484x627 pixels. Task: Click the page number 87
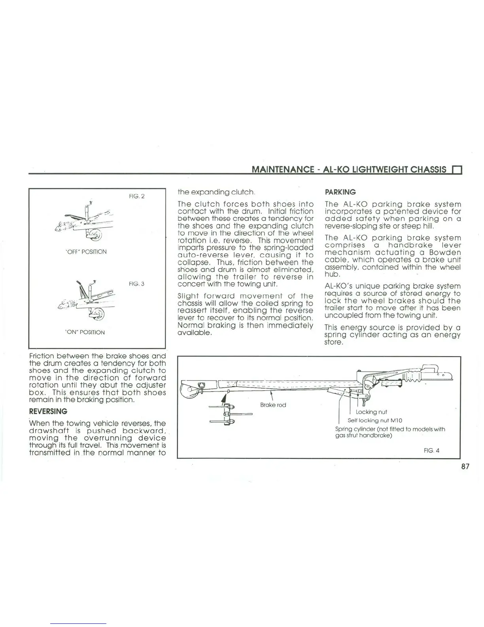pyautogui.click(x=465, y=466)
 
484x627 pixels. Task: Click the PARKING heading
pyautogui.click(x=340, y=192)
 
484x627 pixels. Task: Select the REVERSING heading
pyautogui.click(x=48, y=411)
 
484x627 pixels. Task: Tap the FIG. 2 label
pyautogui.click(x=137, y=196)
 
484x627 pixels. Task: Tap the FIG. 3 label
pyautogui.click(x=137, y=284)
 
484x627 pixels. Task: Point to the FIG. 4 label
pyautogui.click(x=431, y=450)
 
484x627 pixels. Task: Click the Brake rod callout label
pyautogui.click(x=273, y=405)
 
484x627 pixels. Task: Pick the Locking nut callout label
pyautogui.click(x=371, y=412)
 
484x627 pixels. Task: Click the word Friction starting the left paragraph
pyautogui.click(x=43, y=356)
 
